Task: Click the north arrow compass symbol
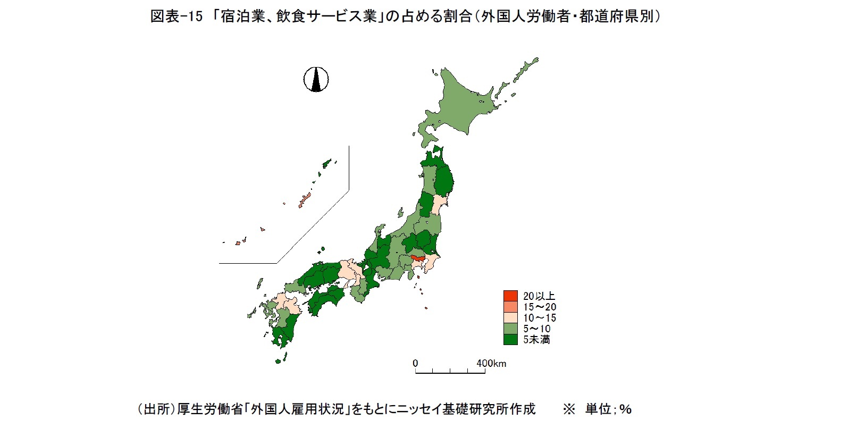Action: click(x=316, y=80)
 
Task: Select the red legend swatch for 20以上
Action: click(x=510, y=296)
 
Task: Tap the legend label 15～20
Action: click(x=539, y=307)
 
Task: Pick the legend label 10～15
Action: click(x=539, y=318)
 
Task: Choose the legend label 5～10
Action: click(x=536, y=329)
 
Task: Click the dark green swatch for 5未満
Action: click(x=510, y=339)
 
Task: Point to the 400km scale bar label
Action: click(x=491, y=364)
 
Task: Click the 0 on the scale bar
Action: click(x=415, y=364)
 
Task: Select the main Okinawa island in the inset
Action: click(x=305, y=200)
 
